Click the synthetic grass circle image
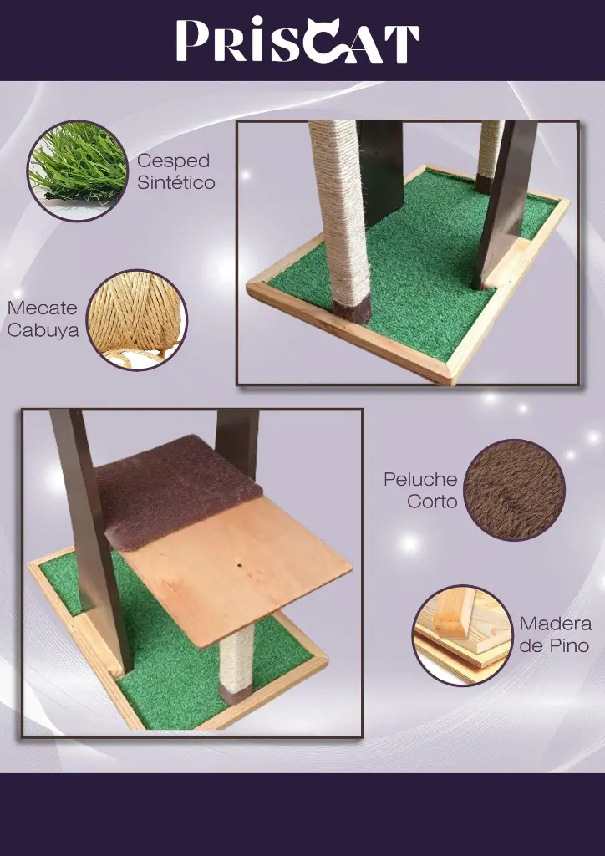[77, 171]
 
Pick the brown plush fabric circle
[514, 490]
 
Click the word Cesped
[173, 160]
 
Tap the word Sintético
[175, 182]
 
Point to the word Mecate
[42, 308]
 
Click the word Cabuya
[43, 330]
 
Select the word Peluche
[420, 480]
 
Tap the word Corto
[432, 502]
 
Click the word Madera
[555, 624]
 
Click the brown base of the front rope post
[352, 307]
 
